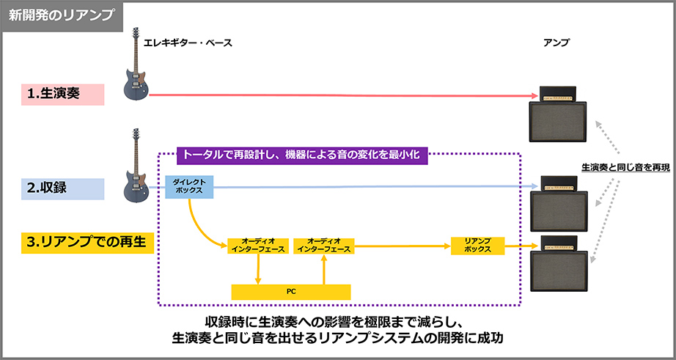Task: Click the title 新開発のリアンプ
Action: (x=61, y=15)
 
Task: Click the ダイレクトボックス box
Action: (x=189, y=187)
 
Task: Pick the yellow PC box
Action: (x=291, y=291)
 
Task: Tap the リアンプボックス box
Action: (x=477, y=246)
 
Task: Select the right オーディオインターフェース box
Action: (x=323, y=246)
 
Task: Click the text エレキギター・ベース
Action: (x=188, y=43)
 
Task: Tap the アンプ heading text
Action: (x=556, y=43)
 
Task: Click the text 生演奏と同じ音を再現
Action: (x=625, y=167)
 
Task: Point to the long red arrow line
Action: (x=337, y=95)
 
